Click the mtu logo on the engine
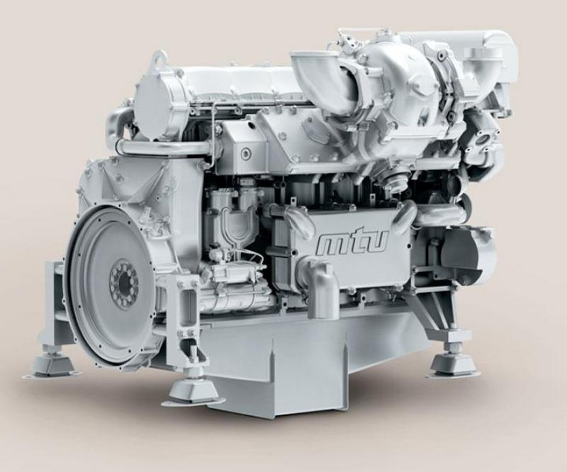coord(352,243)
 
